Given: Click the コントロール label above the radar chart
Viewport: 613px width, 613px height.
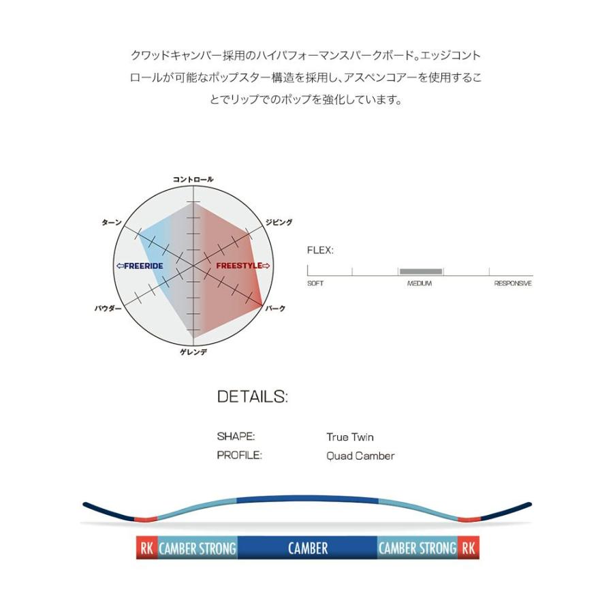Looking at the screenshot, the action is (x=193, y=179).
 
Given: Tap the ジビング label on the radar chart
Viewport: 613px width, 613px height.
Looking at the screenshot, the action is (x=279, y=223).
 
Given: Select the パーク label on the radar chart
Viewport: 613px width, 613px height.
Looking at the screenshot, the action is (x=275, y=309).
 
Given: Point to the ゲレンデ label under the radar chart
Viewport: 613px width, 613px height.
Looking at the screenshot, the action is (x=193, y=352).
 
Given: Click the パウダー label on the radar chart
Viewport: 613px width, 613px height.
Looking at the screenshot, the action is (x=108, y=309).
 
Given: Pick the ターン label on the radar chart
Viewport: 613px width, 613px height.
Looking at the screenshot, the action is (x=112, y=223).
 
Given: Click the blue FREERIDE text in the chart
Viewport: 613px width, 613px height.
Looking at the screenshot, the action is (x=140, y=266).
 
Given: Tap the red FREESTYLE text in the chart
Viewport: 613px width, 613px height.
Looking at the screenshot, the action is (x=242, y=266).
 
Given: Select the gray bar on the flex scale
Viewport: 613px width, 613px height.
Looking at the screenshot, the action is (x=421, y=272).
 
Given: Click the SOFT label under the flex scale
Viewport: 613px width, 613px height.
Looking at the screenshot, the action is (x=315, y=283).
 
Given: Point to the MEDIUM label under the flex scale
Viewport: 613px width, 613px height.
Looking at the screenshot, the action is (x=420, y=283).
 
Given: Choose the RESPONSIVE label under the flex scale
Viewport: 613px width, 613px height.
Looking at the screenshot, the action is (x=512, y=283).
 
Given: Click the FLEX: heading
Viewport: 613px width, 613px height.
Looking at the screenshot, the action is (x=320, y=250).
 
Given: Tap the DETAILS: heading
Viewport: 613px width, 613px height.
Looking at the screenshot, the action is (x=253, y=396).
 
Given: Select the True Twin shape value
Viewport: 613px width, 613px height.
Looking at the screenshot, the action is (x=350, y=437).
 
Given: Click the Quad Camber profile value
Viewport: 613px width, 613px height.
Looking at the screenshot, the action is (x=360, y=456).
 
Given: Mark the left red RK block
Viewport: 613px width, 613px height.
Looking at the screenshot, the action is (x=146, y=548).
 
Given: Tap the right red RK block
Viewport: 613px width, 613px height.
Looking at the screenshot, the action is (x=469, y=548).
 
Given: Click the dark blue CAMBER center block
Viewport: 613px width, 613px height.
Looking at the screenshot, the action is (x=308, y=548).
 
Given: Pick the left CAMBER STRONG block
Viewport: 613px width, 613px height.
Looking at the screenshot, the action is (x=198, y=548).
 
